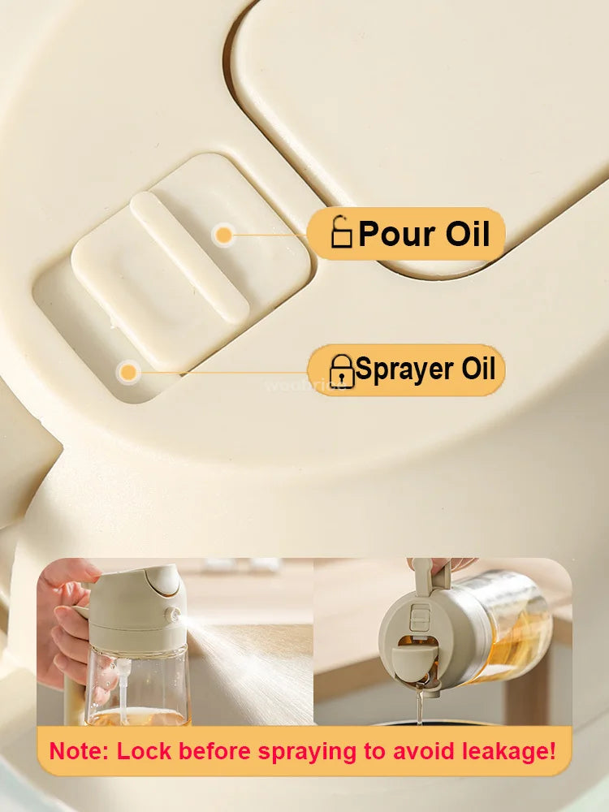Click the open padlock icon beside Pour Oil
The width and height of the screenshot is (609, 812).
[342, 234]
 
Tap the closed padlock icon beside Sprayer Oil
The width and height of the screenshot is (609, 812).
[342, 371]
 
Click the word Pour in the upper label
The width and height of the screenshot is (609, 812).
[394, 234]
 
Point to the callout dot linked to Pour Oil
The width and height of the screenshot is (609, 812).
[223, 235]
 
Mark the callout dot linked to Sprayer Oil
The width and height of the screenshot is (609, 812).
[127, 373]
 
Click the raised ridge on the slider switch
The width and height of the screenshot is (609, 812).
[189, 256]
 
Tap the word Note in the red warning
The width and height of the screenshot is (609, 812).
[78, 750]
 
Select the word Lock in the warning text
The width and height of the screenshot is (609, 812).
[144, 750]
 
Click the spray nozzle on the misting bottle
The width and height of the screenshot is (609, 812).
[173, 615]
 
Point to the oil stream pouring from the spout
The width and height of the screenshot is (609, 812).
[420, 706]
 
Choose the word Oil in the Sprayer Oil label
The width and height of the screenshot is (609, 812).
[479, 369]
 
